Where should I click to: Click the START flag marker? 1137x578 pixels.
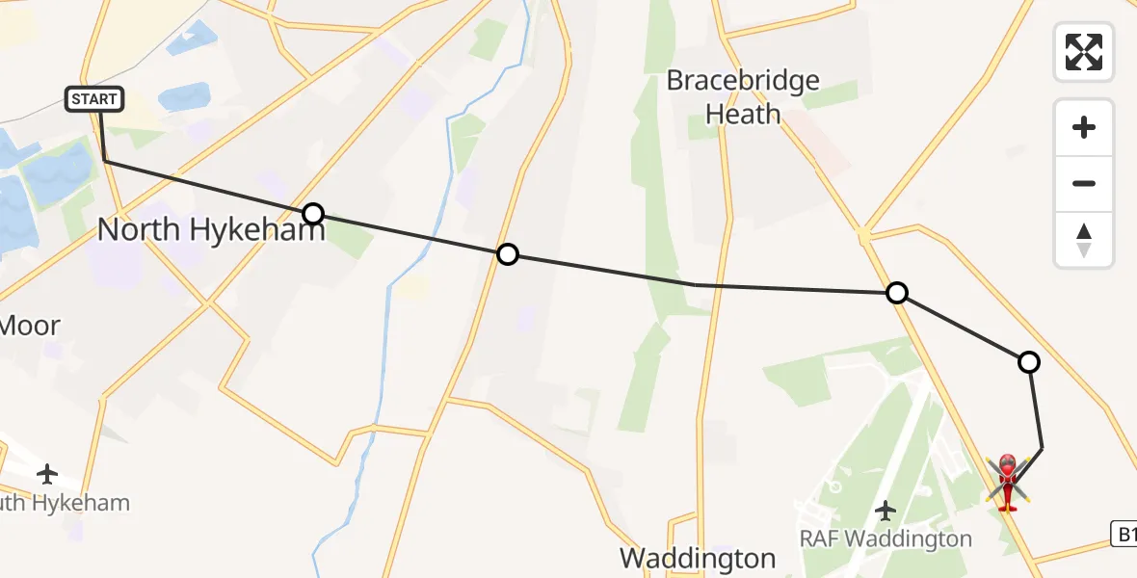(94, 98)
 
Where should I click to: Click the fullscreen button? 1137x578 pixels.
(1084, 52)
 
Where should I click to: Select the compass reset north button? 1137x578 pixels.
(1084, 240)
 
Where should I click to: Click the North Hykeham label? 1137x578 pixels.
(211, 229)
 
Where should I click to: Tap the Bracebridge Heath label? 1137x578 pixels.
(743, 96)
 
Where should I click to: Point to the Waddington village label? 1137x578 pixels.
(698, 558)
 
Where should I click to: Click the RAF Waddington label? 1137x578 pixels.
(886, 538)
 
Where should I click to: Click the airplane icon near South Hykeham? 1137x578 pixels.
(46, 473)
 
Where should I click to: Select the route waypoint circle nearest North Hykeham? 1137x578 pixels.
(313, 214)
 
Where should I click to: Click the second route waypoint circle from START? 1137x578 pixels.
(507, 254)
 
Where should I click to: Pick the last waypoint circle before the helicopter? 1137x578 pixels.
(1029, 362)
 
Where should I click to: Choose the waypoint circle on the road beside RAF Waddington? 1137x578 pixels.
(897, 293)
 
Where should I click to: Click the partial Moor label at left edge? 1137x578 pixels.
(29, 326)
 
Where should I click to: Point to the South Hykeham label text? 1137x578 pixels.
(64, 503)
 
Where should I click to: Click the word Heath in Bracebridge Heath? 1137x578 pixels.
(743, 114)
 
